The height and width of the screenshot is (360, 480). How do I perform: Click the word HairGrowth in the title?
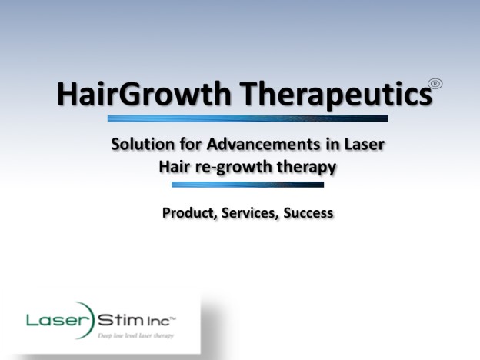(x=144, y=93)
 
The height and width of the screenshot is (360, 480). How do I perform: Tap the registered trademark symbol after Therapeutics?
(x=435, y=84)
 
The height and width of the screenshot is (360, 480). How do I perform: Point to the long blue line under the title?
(x=248, y=118)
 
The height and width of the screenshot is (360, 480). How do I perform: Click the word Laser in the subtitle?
(x=365, y=144)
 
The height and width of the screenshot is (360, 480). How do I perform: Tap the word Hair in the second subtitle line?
(x=172, y=167)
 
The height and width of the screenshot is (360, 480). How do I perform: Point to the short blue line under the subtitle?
(x=248, y=185)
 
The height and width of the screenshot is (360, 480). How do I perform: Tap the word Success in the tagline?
(x=308, y=213)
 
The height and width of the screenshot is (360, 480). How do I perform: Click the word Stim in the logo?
(x=120, y=320)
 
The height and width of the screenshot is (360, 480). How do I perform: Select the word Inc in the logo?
(x=158, y=322)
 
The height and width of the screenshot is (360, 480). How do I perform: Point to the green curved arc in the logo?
(x=89, y=319)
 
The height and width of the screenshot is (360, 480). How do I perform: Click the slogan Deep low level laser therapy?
(x=135, y=336)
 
